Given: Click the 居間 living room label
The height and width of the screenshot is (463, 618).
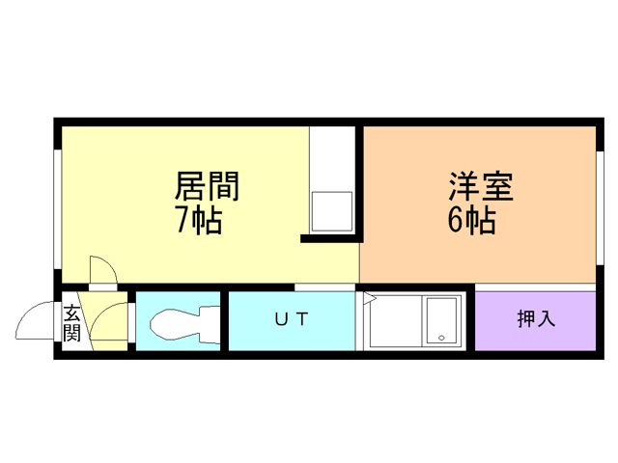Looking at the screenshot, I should click(206, 185).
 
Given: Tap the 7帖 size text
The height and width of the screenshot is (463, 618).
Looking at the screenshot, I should click(198, 221).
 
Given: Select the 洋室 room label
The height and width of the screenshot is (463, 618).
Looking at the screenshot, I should click(479, 185).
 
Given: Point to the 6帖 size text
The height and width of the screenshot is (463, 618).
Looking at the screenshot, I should click(471, 221).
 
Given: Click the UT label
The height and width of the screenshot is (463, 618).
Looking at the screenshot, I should click(291, 320).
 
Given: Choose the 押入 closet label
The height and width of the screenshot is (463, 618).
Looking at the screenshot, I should click(536, 319).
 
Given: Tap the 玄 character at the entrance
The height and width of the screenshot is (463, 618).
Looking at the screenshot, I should click(72, 313).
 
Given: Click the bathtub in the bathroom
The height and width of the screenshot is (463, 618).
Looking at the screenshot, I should click(442, 320).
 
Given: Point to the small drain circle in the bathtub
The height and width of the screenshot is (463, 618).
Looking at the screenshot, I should click(440, 339).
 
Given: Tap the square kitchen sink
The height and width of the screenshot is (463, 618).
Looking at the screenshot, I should click(331, 209).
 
